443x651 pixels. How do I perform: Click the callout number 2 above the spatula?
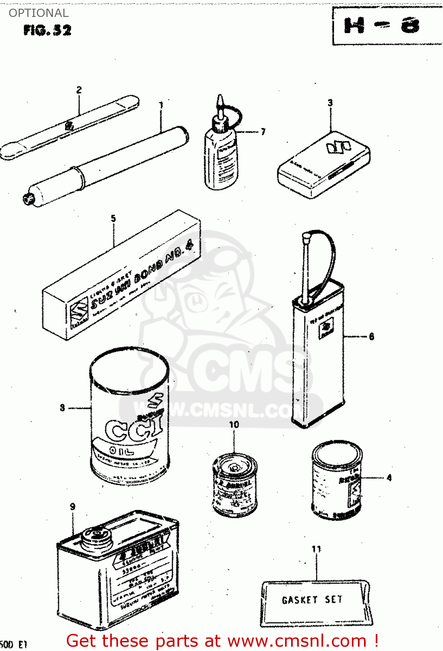click(79, 90)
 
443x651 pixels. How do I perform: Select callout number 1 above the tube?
click(161, 105)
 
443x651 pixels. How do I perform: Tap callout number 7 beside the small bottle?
click(263, 132)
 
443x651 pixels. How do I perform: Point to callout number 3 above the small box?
click(330, 103)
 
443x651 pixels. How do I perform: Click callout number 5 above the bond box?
click(113, 218)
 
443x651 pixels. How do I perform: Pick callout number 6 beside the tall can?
click(371, 336)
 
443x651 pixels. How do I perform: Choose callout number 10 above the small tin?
click(234, 424)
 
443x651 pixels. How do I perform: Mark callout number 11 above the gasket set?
click(316, 549)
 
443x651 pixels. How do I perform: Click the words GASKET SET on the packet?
click(312, 600)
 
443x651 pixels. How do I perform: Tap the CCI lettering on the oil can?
click(134, 430)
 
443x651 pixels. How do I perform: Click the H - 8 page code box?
click(382, 26)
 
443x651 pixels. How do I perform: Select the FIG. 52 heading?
click(47, 30)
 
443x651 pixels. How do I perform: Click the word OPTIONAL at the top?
click(39, 13)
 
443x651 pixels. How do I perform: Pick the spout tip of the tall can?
click(306, 237)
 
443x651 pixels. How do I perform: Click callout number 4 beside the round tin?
click(389, 478)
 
